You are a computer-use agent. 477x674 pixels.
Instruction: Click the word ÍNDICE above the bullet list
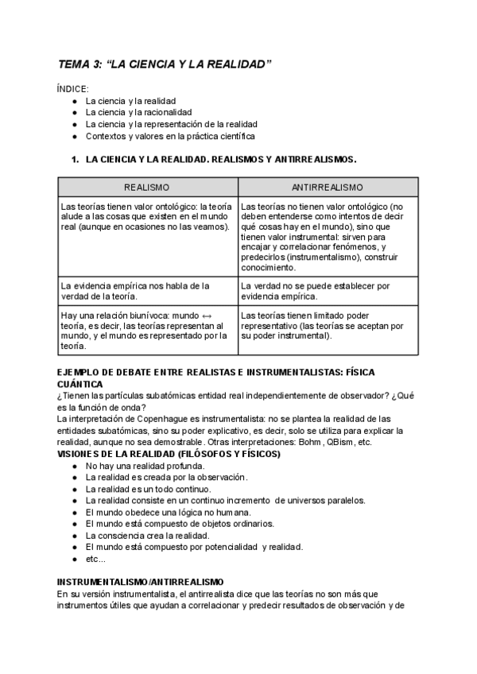pos(73,89)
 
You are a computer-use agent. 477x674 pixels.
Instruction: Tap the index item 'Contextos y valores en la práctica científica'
pos(170,136)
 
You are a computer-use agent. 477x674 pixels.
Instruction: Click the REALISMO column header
pos(147,187)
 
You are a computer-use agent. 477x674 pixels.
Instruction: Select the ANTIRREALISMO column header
pos(327,187)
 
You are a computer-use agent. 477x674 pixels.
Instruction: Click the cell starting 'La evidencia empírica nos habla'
pos(146,291)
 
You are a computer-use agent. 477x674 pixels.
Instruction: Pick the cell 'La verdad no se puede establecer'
pos(327,291)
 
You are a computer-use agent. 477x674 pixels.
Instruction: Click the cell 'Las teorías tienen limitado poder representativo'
pos(327,325)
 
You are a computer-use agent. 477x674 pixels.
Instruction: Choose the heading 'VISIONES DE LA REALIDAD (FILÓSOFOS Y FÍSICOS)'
pos(169,454)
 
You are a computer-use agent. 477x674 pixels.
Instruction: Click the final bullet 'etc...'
pos(95,559)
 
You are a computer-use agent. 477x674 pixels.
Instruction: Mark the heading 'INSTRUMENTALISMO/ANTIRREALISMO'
pos(141,583)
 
